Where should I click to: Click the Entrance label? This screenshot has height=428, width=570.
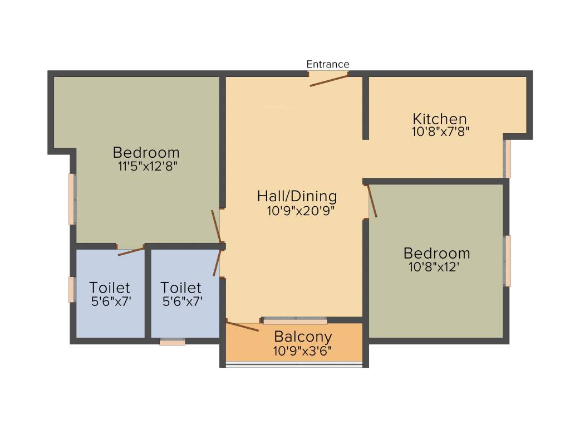pos(328,64)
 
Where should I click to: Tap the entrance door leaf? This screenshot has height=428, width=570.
pos(329,80)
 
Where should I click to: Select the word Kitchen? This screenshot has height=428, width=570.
pos(439,119)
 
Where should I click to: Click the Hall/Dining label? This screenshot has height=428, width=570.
pos(297,196)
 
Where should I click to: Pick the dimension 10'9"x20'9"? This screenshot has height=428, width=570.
pos(301,211)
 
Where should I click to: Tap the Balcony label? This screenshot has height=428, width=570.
pos(303,337)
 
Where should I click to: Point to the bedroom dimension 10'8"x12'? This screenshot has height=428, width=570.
pos(433,267)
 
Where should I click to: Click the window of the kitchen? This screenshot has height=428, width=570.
pos(507,159)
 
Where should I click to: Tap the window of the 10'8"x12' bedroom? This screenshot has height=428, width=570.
pos(507,261)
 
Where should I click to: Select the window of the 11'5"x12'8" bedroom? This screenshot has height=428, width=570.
pos(72,199)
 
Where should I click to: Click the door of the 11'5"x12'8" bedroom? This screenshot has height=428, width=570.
pos(217,226)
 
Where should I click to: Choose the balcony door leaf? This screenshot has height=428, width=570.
pos(243,326)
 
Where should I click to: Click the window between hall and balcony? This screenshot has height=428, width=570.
pos(295,321)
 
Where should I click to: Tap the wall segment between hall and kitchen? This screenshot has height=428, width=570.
pos(366,108)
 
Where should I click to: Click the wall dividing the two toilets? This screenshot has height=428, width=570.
pos(148,293)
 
